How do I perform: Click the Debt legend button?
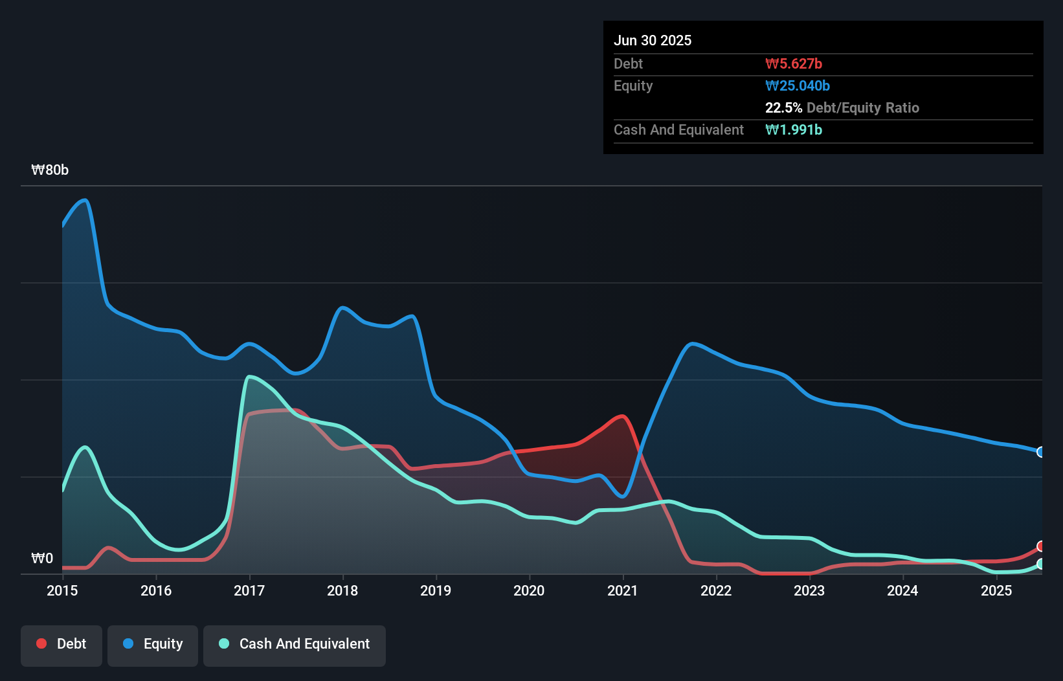pyautogui.click(x=62, y=644)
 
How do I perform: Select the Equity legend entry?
pyautogui.click(x=153, y=644)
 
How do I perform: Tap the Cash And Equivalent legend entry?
pyautogui.click(x=295, y=644)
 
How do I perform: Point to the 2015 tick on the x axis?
pyautogui.click(x=62, y=590)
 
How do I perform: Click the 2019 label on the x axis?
pyautogui.click(x=436, y=590)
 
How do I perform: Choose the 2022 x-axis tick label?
pyautogui.click(x=716, y=590)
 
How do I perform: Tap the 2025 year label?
pyautogui.click(x=996, y=590)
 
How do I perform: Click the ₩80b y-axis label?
pyautogui.click(x=50, y=170)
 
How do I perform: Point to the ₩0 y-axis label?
pyautogui.click(x=42, y=558)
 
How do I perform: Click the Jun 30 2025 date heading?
pyautogui.click(x=653, y=40)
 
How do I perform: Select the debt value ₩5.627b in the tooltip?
pyautogui.click(x=794, y=63)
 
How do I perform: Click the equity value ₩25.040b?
pyautogui.click(x=798, y=85)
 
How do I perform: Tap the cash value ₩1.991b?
pyautogui.click(x=794, y=129)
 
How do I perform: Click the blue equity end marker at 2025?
pyautogui.click(x=1041, y=452)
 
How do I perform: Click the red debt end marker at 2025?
pyautogui.click(x=1041, y=546)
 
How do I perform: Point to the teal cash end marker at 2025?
pyautogui.click(x=1041, y=564)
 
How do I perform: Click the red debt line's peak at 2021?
pyautogui.click(x=623, y=416)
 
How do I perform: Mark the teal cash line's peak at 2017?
pyautogui.click(x=249, y=376)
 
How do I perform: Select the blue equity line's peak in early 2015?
pyautogui.click(x=85, y=200)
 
